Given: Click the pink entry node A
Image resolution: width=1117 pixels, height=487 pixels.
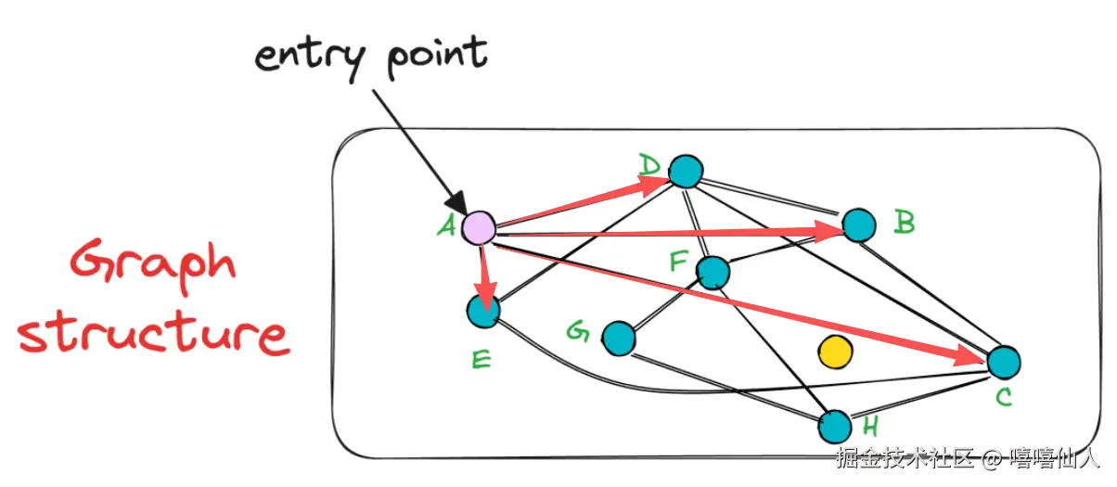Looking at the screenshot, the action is tap(479, 228).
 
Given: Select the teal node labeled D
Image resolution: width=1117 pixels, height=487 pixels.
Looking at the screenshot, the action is tap(686, 172).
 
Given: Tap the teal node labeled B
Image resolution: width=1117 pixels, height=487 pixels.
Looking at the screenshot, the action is tap(859, 225).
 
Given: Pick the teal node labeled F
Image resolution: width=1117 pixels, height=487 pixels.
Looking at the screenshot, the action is tap(713, 273).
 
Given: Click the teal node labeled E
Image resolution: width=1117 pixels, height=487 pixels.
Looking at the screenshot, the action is tap(483, 311).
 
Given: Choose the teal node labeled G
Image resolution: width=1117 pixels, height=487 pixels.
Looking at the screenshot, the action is tap(619, 339).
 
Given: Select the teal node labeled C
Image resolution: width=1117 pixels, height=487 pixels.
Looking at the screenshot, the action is tap(1004, 363).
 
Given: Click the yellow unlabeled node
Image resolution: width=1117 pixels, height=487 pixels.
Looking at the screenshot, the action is tap(835, 352).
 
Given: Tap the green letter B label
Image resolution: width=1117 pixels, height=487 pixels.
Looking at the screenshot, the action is tap(905, 223).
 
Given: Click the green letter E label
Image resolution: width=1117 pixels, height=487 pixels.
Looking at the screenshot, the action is tap(481, 359).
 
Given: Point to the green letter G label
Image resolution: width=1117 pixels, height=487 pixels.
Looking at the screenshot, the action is tap(579, 331).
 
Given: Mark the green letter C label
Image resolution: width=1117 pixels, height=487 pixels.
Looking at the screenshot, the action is tap(1004, 397).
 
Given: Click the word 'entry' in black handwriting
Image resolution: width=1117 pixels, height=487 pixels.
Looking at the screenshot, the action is tap(310, 59).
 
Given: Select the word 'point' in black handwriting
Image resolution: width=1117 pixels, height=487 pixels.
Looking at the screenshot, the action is tap(437, 57).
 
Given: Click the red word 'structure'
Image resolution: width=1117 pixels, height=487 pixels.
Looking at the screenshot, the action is tap(154, 332).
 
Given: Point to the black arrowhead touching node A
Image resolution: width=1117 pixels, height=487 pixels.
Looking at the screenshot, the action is tap(456, 203).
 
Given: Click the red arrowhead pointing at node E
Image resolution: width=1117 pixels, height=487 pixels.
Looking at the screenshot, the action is tap(485, 296).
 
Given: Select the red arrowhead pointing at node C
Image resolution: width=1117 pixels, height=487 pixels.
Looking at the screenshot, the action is tap(969, 355).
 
